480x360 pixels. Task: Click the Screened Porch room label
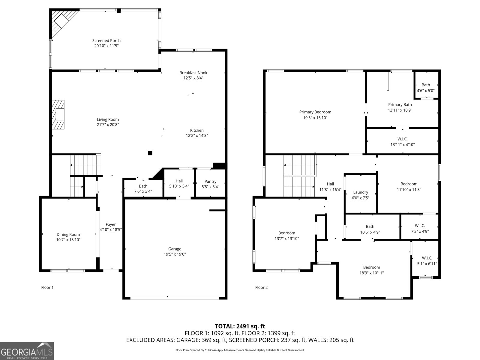pyautogui.click(x=106, y=40)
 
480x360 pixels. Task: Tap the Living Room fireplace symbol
pyautogui.click(x=58, y=115)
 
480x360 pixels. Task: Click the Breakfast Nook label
pyautogui.click(x=193, y=73)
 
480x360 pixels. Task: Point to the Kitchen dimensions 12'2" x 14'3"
pyautogui.click(x=197, y=136)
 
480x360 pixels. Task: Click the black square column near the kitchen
pyautogui.click(x=150, y=153)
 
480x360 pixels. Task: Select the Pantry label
pyautogui.click(x=210, y=181)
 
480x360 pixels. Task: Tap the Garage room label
pyautogui.click(x=175, y=249)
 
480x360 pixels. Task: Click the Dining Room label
pyautogui.click(x=68, y=235)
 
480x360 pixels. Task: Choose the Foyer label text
pyautogui.click(x=110, y=224)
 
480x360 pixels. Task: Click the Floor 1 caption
pyautogui.click(x=47, y=287)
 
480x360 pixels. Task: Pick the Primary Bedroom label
pyautogui.click(x=315, y=112)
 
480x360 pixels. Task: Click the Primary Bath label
pyautogui.click(x=400, y=104)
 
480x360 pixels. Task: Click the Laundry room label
pyautogui.click(x=360, y=192)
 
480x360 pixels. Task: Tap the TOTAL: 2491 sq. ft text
pyautogui.click(x=240, y=326)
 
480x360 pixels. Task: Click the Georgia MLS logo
pyautogui.click(x=27, y=351)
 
